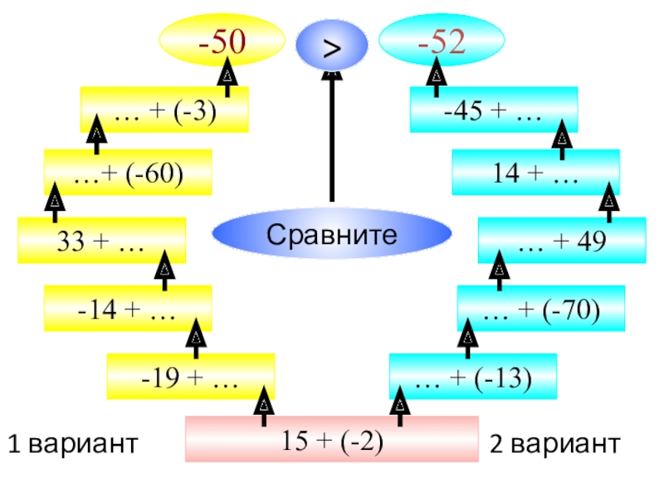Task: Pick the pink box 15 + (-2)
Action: point(331,439)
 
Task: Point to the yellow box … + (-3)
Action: point(164,110)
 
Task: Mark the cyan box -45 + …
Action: point(494,110)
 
